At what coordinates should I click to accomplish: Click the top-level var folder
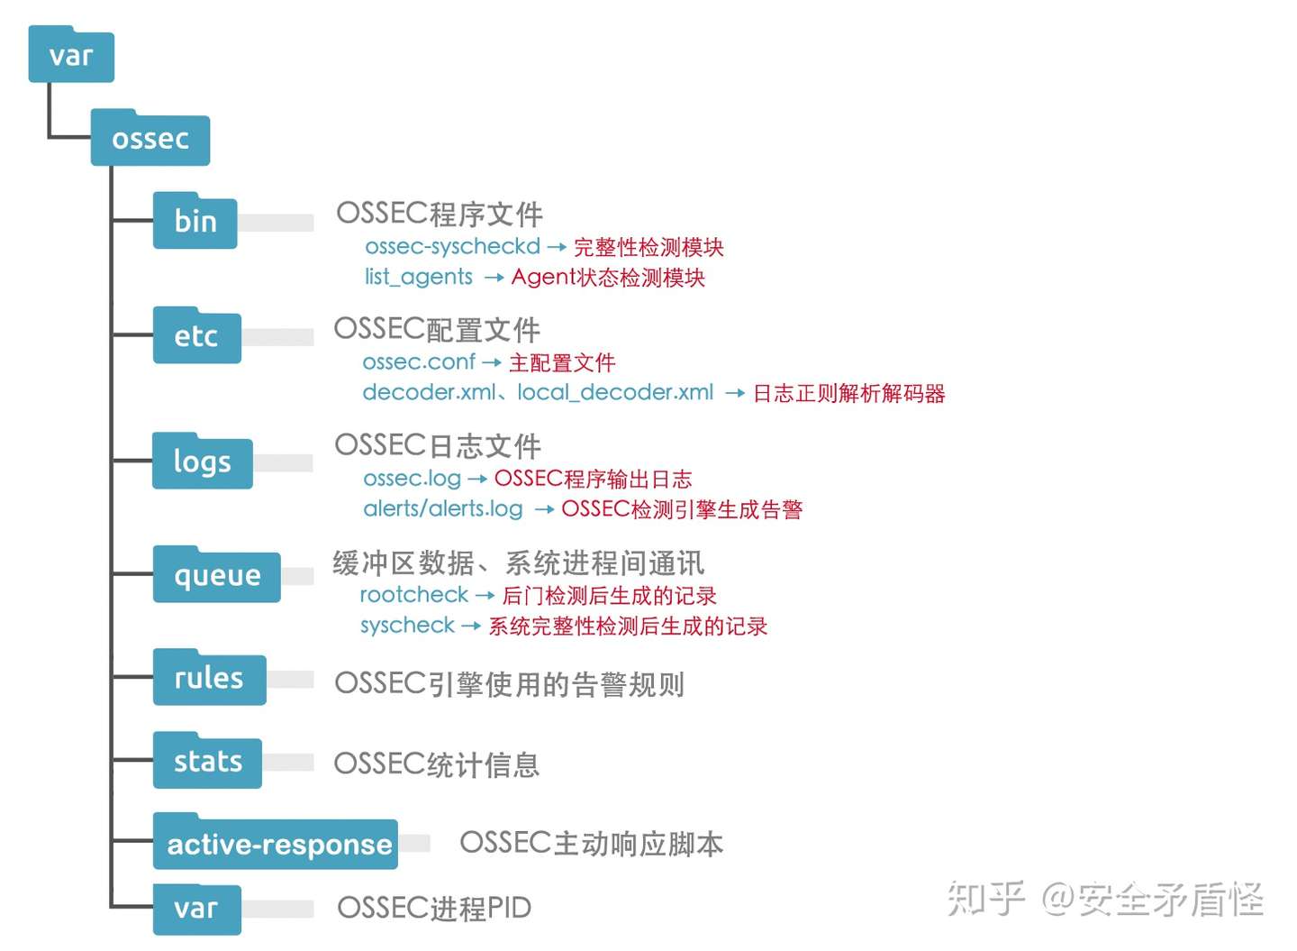71,56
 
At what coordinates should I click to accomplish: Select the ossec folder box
150,139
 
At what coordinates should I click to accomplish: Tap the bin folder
195,222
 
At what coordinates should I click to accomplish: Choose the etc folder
196,336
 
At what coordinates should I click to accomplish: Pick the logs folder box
203,462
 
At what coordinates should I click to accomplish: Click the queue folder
217,575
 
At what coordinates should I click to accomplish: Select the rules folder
209,678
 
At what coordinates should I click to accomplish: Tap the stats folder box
208,762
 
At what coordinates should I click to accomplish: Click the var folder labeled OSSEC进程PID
196,909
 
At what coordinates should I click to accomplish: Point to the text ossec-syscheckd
452,246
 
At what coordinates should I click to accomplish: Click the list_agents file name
419,277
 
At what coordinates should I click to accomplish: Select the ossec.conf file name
419,361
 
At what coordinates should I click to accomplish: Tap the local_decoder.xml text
615,392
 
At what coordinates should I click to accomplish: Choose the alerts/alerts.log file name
443,508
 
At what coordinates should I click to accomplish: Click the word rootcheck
414,595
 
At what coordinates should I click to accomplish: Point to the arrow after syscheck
471,626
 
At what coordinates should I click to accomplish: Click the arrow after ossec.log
477,479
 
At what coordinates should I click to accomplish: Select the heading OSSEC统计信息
437,764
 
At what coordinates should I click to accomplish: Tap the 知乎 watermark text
985,898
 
